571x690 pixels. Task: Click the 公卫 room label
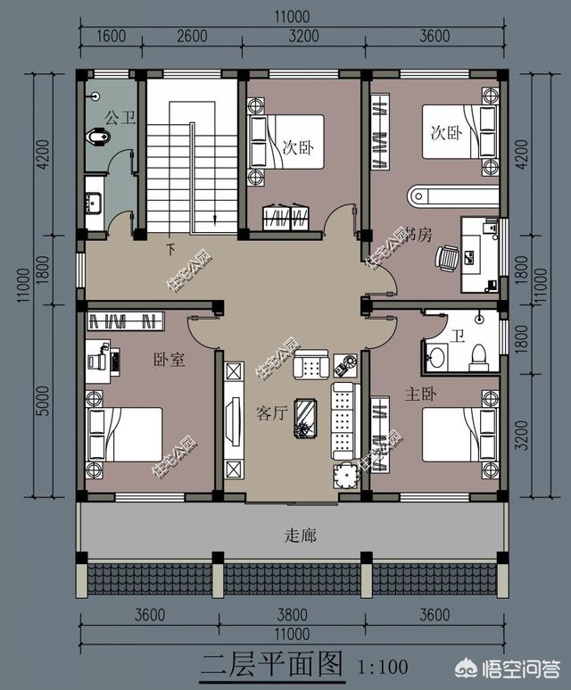pos(120,117)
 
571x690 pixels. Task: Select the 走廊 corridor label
pos(300,536)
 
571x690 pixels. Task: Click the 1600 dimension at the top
pos(111,37)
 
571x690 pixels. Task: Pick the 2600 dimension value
pos(192,37)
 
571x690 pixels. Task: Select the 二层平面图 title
pos(270,665)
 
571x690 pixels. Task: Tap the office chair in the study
pos(448,257)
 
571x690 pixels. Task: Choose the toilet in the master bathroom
pos(478,354)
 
